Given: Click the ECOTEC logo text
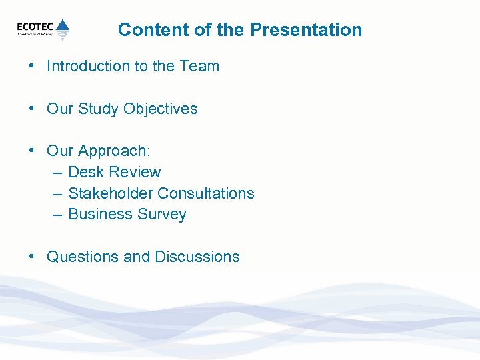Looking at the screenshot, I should click(x=35, y=27).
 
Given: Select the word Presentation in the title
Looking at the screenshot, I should click(x=307, y=30).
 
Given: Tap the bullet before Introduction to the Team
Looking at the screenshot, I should click(x=32, y=66).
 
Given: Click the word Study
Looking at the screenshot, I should click(x=101, y=109).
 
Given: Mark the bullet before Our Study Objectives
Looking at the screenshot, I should click(x=32, y=109).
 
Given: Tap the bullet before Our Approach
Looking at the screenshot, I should click(x=32, y=151).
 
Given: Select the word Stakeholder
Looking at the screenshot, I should click(x=111, y=193).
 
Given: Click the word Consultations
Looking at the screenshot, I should click(x=206, y=193).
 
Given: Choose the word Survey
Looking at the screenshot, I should click(x=162, y=215).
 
